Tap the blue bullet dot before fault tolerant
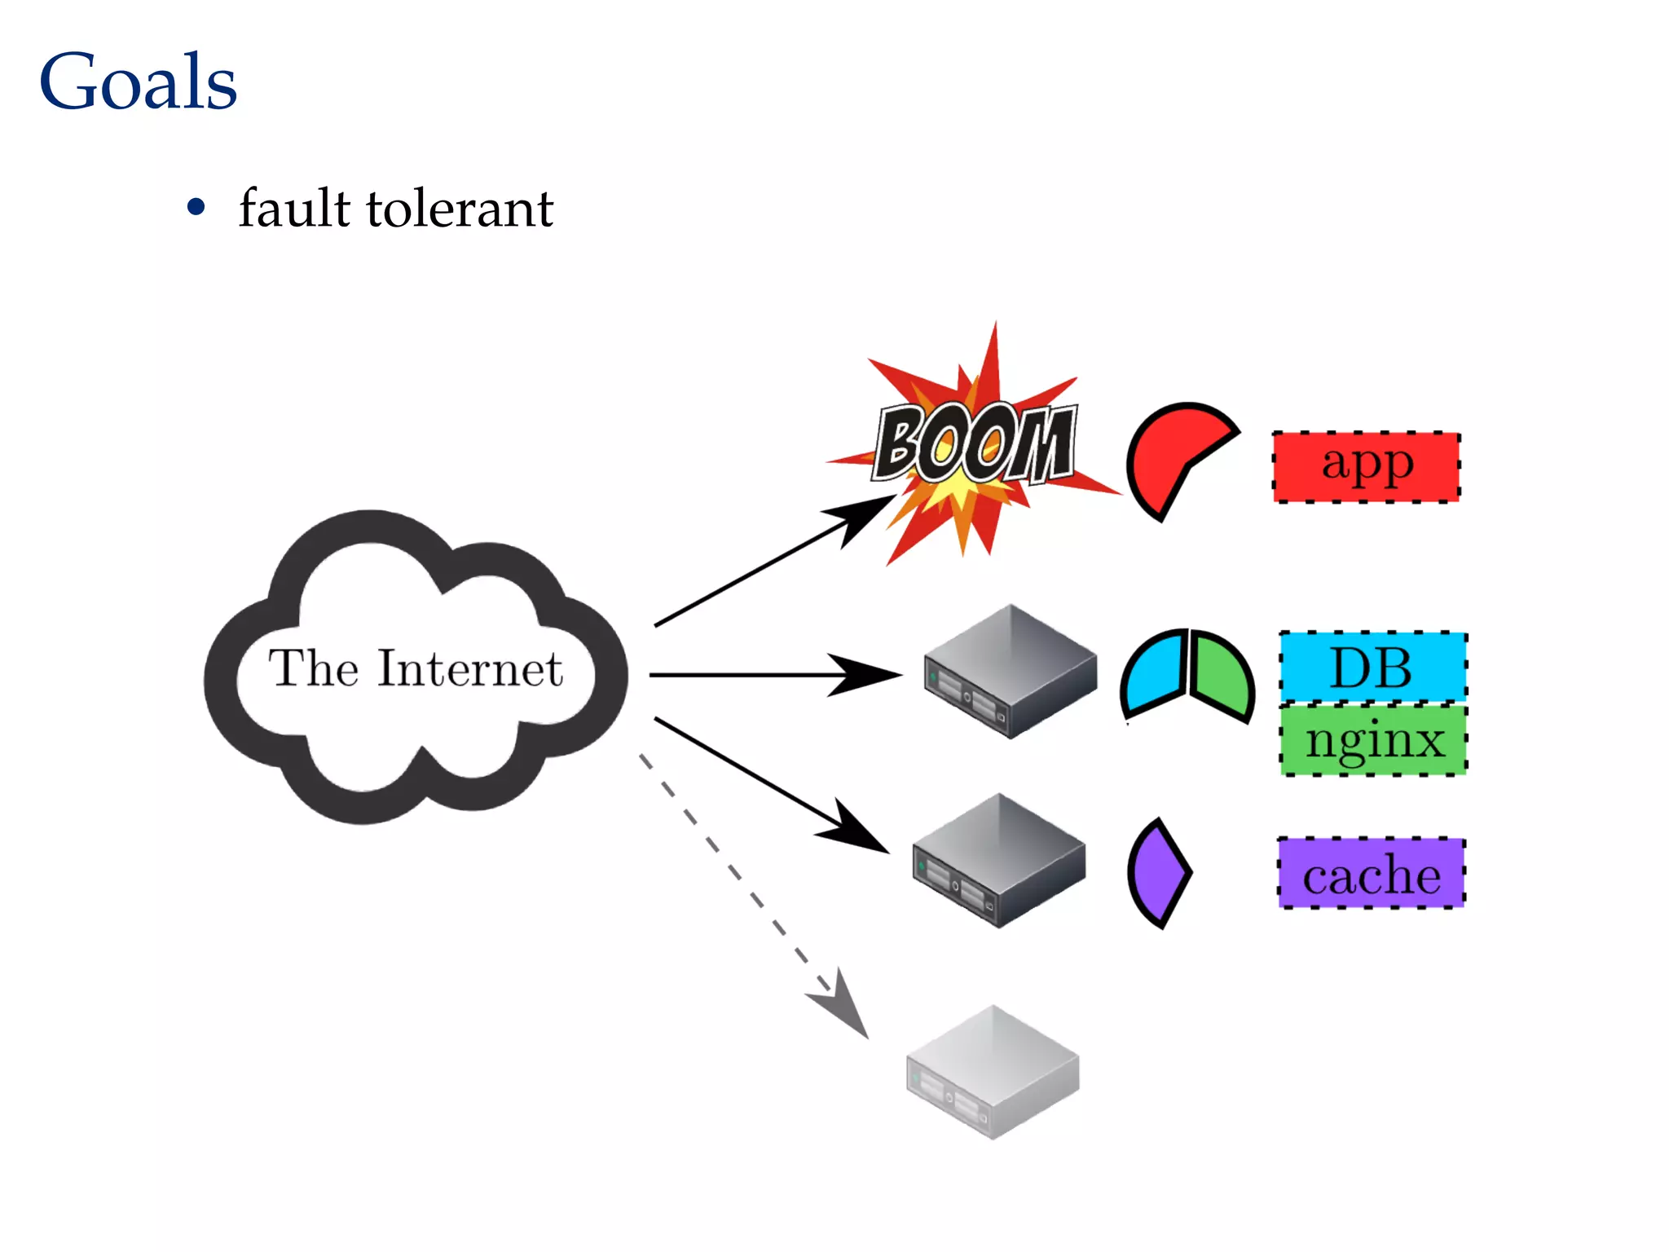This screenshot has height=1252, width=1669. point(196,207)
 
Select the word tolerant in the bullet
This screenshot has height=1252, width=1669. point(460,209)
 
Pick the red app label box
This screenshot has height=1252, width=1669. point(1367,466)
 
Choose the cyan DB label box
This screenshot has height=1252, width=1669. point(1372,667)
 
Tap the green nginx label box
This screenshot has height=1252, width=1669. point(1373,740)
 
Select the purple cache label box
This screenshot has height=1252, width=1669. point(1371,873)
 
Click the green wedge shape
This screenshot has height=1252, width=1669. point(1219,675)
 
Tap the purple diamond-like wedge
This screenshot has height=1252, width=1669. point(1157,873)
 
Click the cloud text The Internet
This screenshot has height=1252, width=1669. point(416,668)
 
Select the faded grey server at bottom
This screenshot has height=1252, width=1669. point(993,1071)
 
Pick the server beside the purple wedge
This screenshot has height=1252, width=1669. point(999,859)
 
